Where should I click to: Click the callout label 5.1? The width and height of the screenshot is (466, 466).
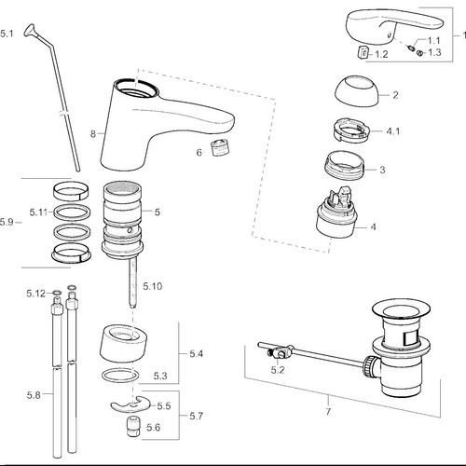tap(7, 34)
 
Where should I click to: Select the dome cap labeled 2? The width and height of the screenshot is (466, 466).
tap(357, 89)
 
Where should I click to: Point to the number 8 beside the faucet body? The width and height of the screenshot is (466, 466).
tap(93, 134)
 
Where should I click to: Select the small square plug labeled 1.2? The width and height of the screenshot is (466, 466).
tap(363, 51)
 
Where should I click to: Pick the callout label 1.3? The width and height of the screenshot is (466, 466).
tap(434, 52)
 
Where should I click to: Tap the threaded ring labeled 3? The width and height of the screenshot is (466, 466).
tap(344, 165)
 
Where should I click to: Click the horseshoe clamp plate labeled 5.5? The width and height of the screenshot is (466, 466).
tap(130, 404)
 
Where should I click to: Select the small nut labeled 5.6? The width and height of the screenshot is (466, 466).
tap(133, 427)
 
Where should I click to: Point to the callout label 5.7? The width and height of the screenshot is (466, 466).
tap(197, 416)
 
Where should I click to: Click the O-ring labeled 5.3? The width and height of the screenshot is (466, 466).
tap(120, 376)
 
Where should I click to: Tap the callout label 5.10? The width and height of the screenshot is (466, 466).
tap(153, 286)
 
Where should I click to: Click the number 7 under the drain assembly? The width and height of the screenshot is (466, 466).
tap(328, 412)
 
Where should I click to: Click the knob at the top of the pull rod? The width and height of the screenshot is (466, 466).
tap(30, 31)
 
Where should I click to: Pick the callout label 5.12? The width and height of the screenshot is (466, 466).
tap(35, 294)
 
